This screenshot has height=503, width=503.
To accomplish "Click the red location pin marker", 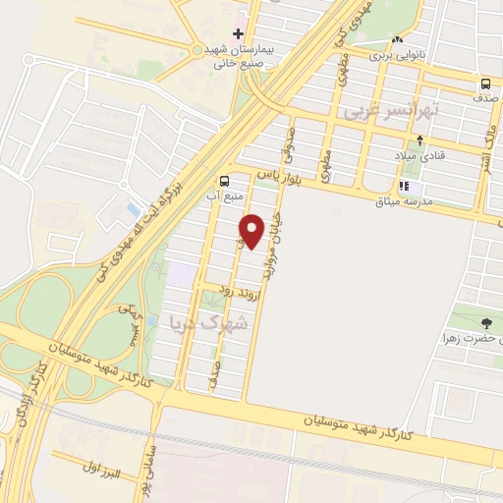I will click(x=252, y=230).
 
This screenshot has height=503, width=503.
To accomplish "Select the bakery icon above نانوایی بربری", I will click(x=397, y=40).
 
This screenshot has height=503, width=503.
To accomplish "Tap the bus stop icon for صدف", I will click(x=485, y=84).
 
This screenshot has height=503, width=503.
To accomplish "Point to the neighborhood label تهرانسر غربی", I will click(x=390, y=113).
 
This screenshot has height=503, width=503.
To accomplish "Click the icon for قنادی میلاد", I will click(x=406, y=155).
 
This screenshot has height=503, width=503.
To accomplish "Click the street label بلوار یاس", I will click(x=278, y=178).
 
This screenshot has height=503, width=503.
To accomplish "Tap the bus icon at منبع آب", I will click(x=226, y=180).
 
